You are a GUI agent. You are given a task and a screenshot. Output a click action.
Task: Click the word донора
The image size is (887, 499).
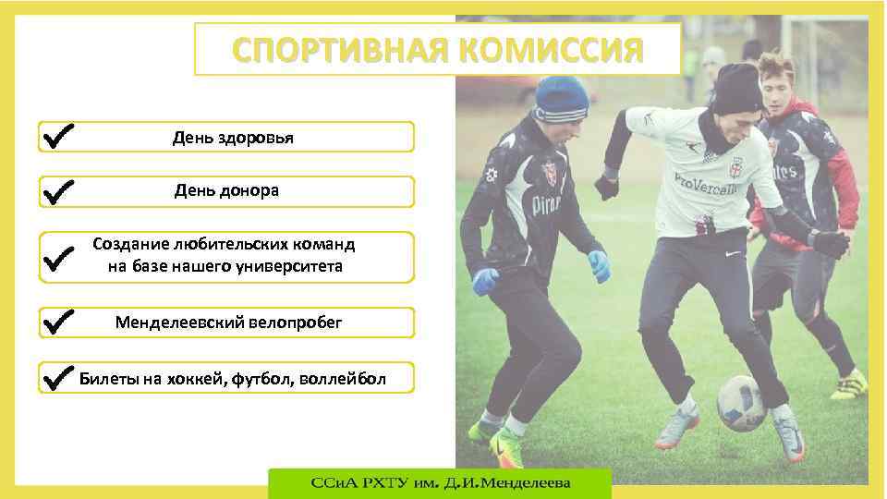click(249, 191)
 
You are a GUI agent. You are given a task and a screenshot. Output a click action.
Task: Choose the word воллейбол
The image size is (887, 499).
click(341, 378)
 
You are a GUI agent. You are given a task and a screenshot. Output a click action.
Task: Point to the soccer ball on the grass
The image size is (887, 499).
click(741, 402)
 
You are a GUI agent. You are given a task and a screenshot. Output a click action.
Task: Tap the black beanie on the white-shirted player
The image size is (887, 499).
click(736, 88)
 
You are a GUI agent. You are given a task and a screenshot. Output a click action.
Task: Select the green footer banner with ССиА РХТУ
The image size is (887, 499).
click(440, 483)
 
